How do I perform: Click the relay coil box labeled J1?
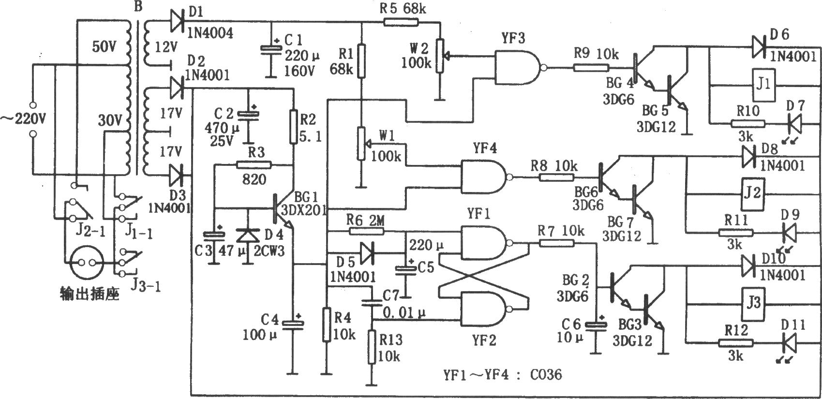(x=763, y=85)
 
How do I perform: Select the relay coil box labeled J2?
(x=753, y=194)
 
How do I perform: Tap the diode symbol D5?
(x=366, y=252)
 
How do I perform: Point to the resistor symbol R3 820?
(x=254, y=165)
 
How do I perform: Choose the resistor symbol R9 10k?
(x=591, y=68)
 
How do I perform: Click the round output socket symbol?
(x=87, y=263)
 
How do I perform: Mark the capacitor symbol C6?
(x=596, y=325)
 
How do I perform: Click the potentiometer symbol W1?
(x=362, y=144)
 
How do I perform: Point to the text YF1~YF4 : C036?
(x=502, y=374)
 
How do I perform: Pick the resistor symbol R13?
(x=372, y=347)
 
